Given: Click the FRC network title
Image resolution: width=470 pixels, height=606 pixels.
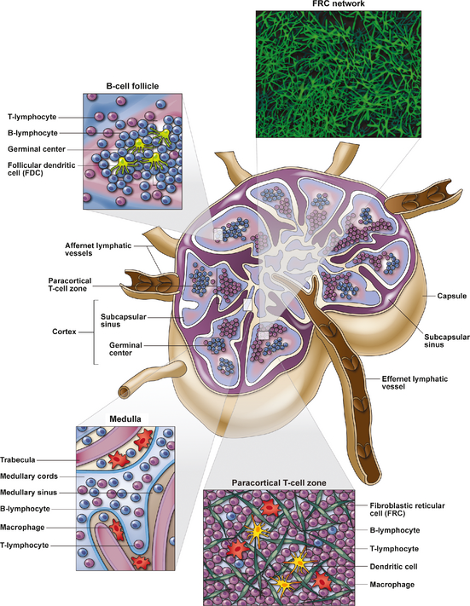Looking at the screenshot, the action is (x=339, y=4).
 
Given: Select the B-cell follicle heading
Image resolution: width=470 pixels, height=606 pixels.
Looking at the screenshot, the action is (x=132, y=86).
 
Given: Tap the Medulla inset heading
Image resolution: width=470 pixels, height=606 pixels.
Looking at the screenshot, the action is (x=125, y=419).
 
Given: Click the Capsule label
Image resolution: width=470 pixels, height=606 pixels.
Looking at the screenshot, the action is (x=452, y=296).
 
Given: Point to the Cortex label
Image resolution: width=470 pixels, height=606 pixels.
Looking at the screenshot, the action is (x=64, y=332).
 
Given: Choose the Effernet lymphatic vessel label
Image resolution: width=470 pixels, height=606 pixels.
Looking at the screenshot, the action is (x=415, y=383).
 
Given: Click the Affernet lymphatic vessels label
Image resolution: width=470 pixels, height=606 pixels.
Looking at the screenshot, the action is (x=98, y=249).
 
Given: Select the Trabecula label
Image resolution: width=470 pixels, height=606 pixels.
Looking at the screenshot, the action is (x=18, y=460).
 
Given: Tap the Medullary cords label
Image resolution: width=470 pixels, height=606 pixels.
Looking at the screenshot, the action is (x=29, y=476).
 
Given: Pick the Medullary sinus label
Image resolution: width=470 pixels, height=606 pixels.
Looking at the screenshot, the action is (x=29, y=493).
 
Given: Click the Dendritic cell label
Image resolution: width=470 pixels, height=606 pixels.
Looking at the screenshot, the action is (x=394, y=567).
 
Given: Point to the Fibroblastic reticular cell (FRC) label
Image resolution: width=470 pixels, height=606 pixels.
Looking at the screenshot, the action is (x=408, y=510).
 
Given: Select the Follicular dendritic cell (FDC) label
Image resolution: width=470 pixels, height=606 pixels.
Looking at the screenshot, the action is (x=42, y=169).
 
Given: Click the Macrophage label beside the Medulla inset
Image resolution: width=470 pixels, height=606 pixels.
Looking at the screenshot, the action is (x=22, y=528).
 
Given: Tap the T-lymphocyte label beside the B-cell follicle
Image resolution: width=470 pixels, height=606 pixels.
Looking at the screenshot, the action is (x=32, y=117).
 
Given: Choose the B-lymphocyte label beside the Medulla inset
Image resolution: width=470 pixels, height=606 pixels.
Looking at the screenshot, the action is (x=25, y=509).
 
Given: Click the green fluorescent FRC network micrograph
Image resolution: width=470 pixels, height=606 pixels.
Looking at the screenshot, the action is (x=339, y=74).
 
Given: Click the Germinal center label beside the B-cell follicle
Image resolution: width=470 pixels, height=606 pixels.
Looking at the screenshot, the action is (x=37, y=149).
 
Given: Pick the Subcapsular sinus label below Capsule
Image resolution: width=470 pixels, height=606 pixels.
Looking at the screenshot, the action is (x=447, y=341).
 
